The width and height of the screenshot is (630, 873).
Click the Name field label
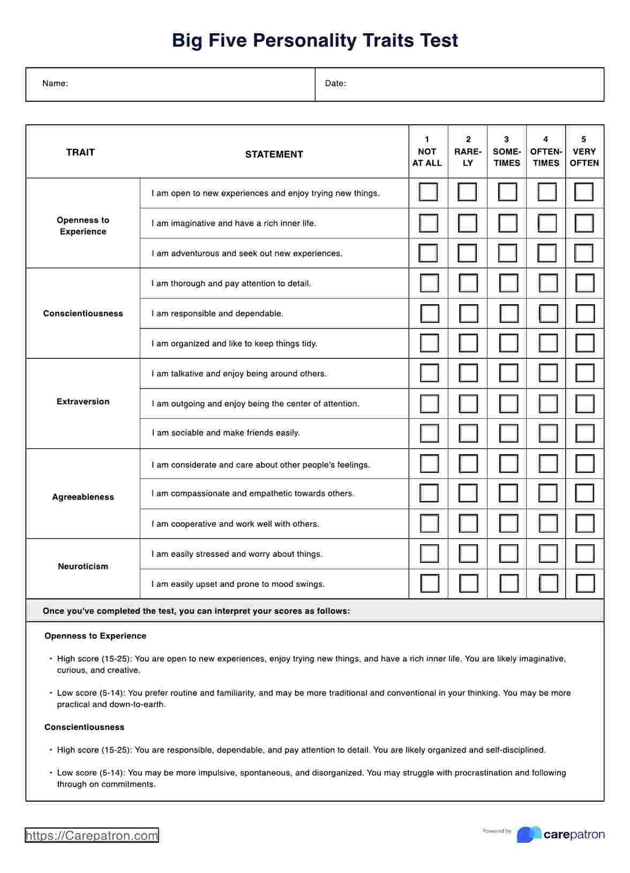click(55, 84)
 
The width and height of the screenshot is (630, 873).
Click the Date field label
click(335, 84)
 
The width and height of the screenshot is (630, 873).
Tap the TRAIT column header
click(80, 153)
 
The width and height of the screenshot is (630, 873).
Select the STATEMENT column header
click(274, 155)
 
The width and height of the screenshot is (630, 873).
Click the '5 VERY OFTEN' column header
click(584, 152)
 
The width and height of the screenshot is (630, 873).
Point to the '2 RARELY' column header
click(468, 152)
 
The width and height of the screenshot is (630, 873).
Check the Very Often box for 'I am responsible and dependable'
click(585, 314)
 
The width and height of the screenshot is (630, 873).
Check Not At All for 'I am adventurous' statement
click(428, 253)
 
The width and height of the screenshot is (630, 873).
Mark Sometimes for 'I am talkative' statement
click(508, 373)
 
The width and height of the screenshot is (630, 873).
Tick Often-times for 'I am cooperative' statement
click(547, 523)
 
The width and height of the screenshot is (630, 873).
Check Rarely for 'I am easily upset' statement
click(469, 583)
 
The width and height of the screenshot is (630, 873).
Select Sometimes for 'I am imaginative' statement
click(507, 223)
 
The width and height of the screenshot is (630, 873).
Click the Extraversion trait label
click(83, 402)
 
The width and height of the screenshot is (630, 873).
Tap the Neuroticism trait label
click(83, 567)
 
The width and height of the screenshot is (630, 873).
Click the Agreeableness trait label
click(83, 497)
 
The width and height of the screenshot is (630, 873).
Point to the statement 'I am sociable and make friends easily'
click(226, 433)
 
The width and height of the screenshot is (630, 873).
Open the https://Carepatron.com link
click(92, 836)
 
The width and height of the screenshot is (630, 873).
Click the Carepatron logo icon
click(529, 834)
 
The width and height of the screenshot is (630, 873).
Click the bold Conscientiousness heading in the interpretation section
click(84, 727)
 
